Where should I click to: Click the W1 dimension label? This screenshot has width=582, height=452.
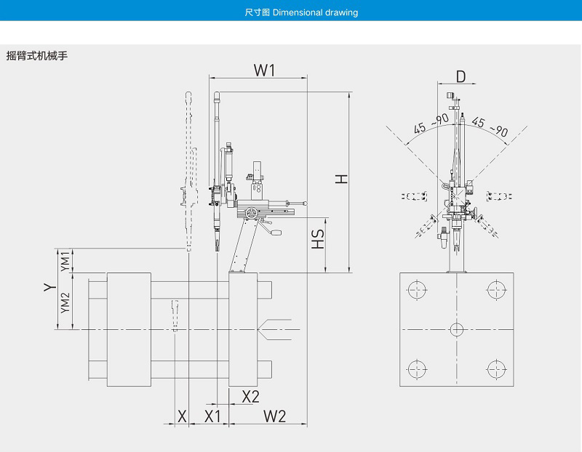263,70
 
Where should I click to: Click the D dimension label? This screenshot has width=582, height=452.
461,76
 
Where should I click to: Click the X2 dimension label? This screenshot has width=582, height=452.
250,396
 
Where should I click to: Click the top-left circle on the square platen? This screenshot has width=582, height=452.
416,291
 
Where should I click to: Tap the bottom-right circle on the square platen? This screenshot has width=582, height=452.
498,367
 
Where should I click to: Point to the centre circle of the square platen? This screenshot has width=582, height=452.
456,329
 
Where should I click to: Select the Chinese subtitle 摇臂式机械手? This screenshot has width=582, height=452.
36,55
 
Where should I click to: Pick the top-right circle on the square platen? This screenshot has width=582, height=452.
498,291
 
